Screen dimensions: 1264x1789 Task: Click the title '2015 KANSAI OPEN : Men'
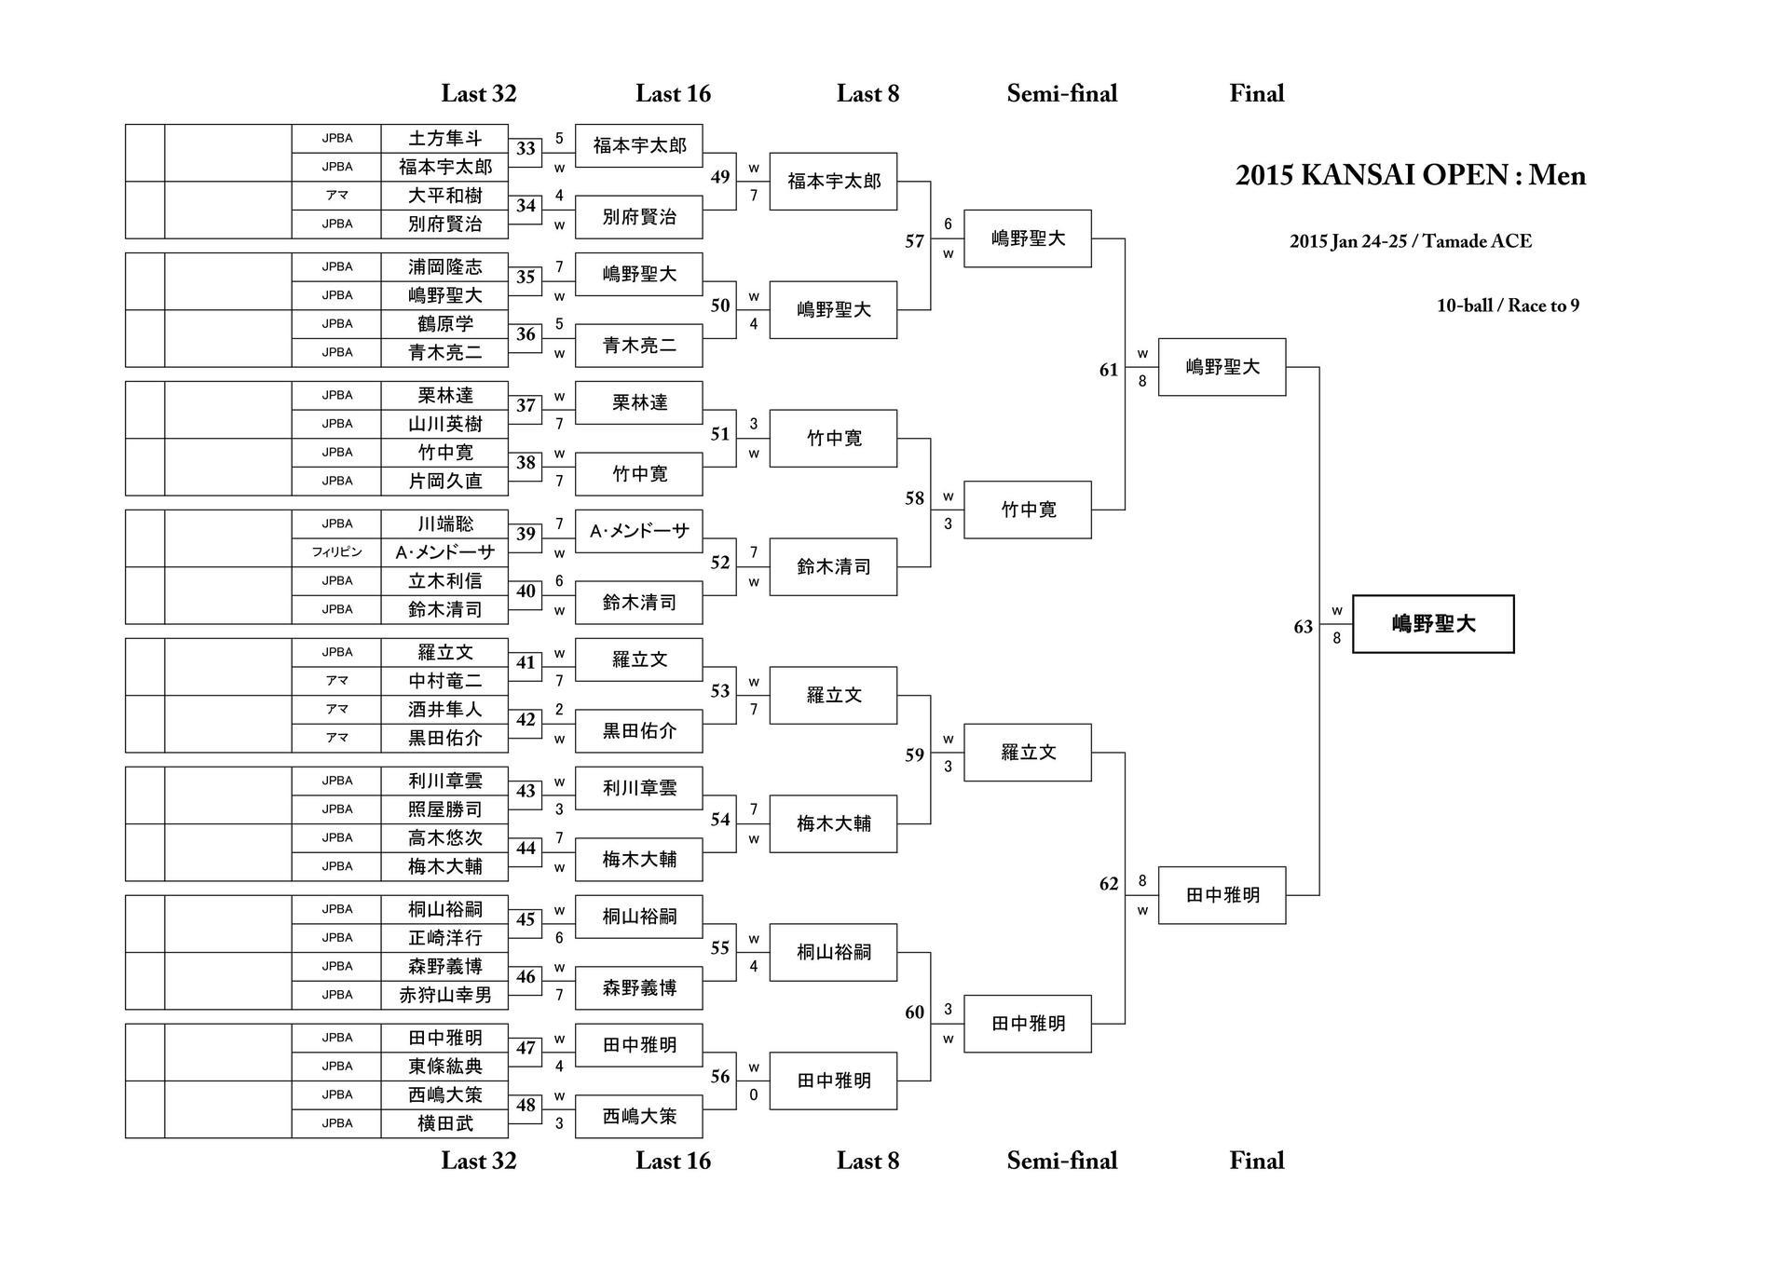(x=1410, y=175)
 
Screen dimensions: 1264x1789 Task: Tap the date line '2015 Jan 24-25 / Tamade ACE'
(x=1410, y=241)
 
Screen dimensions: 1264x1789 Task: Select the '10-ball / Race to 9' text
(x=1508, y=306)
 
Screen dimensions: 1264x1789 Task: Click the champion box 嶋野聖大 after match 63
(x=1433, y=624)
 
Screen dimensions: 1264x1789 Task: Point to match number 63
(x=1303, y=627)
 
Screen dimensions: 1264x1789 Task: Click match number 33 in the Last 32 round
(x=526, y=149)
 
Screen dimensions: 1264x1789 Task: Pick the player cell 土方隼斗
(x=444, y=139)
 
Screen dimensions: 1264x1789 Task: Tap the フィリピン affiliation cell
(x=336, y=552)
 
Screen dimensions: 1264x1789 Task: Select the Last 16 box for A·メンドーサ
(x=639, y=531)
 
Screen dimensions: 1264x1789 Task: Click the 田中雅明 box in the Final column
(x=1222, y=895)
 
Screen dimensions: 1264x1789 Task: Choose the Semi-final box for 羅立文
(x=1028, y=753)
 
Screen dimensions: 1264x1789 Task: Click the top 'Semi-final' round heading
(x=1061, y=93)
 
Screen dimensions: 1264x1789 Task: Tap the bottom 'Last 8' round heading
(x=867, y=1161)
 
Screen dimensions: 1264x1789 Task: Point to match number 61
(x=1108, y=370)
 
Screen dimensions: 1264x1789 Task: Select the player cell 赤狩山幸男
(x=444, y=995)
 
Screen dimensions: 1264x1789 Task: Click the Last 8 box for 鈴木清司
(x=833, y=566)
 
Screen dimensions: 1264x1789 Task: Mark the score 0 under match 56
(x=754, y=1095)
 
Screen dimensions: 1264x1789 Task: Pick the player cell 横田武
(x=444, y=1123)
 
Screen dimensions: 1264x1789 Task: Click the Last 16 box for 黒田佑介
(x=639, y=731)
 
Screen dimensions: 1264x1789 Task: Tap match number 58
(x=914, y=498)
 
